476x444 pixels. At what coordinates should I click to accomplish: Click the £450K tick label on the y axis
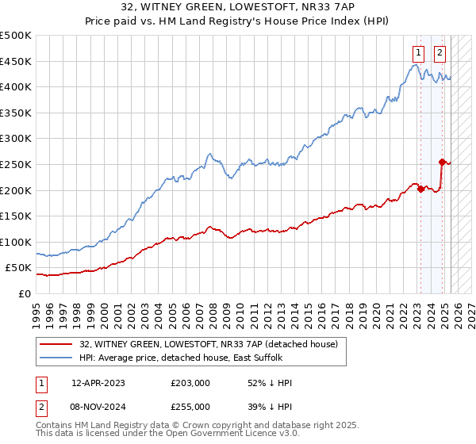click(16, 61)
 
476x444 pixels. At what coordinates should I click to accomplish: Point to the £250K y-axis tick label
click(16, 164)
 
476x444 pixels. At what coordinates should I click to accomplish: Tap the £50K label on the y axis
click(19, 268)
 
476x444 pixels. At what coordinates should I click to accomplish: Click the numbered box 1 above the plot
click(417, 53)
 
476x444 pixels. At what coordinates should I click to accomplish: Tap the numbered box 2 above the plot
click(440, 53)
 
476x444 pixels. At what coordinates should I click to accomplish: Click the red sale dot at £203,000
click(420, 189)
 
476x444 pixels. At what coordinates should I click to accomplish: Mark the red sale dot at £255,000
click(442, 162)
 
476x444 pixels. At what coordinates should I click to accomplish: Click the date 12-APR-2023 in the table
click(99, 383)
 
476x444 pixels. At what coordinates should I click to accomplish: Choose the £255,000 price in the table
click(190, 407)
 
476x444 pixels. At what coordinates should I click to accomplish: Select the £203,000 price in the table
click(190, 383)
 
